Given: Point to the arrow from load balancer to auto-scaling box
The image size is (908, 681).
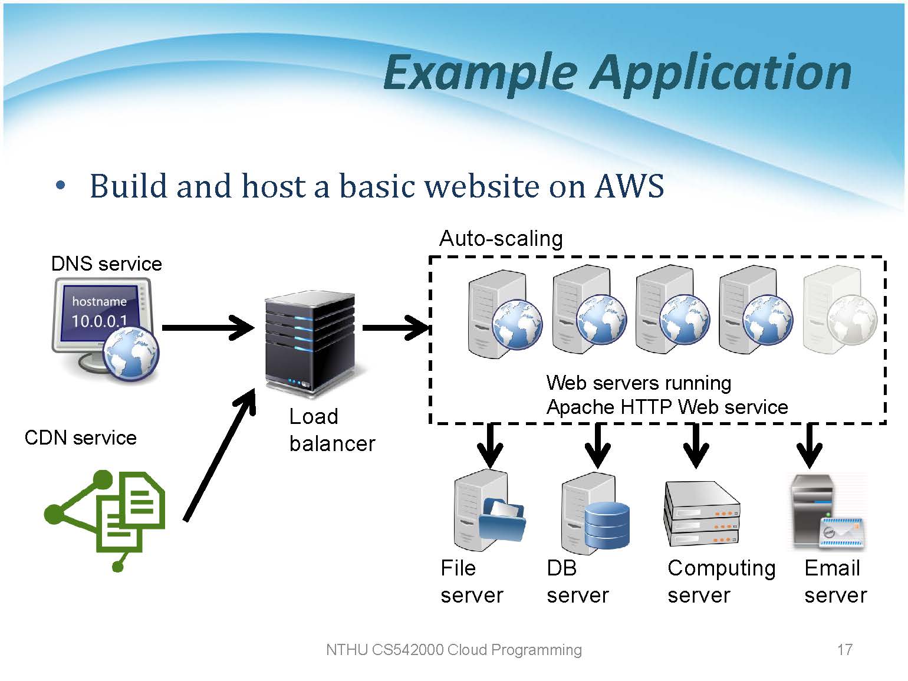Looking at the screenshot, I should pyautogui.click(x=396, y=327).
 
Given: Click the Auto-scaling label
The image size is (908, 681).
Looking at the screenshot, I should pyautogui.click(x=501, y=239).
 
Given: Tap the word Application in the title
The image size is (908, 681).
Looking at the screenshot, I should pyautogui.click(x=722, y=72).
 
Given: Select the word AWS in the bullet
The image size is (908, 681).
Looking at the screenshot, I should pyautogui.click(x=629, y=186).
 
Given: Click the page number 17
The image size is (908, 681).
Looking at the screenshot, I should pyautogui.click(x=844, y=650).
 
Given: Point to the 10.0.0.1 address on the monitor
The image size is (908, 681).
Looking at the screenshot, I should pyautogui.click(x=99, y=321).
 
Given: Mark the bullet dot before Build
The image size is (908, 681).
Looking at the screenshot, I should pyautogui.click(x=60, y=186).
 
